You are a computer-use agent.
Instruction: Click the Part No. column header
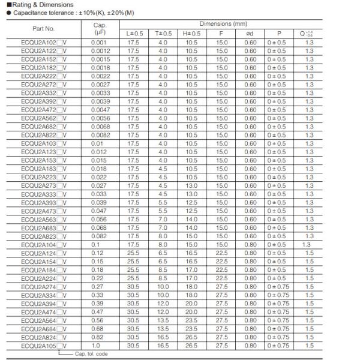click(44, 28)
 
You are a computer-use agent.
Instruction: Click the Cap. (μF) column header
click(100, 28)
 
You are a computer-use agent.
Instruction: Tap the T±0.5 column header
click(163, 32)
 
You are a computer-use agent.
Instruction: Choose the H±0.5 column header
click(191, 32)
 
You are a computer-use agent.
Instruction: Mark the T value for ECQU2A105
click(163, 346)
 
